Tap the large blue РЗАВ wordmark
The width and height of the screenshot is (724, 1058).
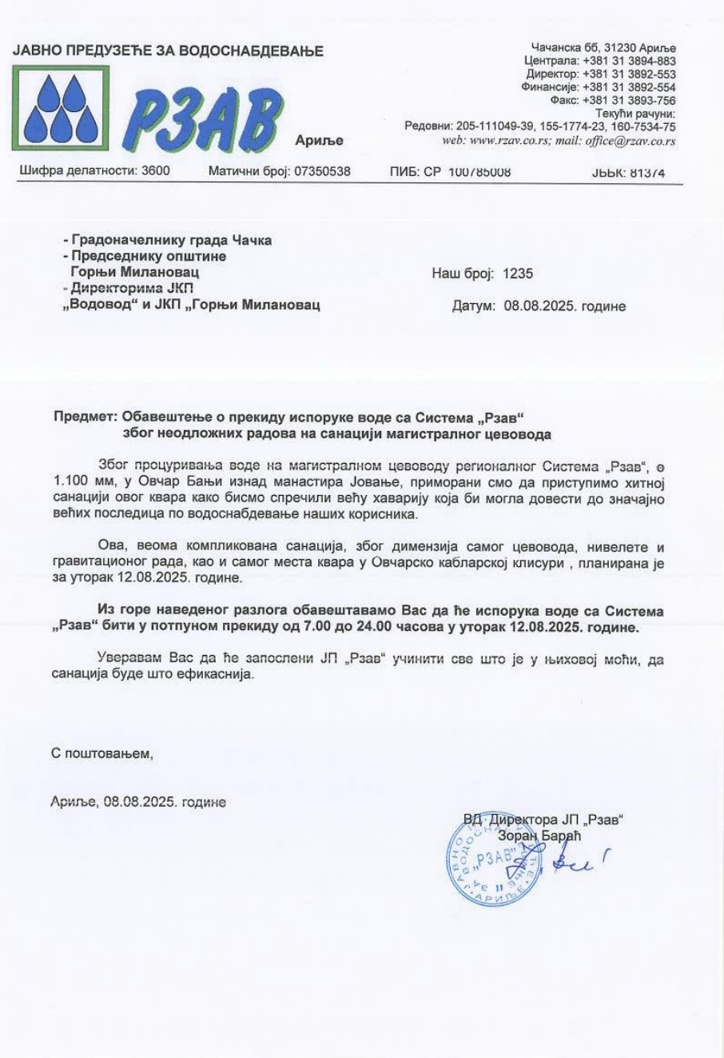pyautogui.click(x=203, y=120)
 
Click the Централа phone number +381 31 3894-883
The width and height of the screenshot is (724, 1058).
pyautogui.click(x=630, y=61)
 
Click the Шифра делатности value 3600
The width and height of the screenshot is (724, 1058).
pyautogui.click(x=155, y=171)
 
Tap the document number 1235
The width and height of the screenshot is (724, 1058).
pyautogui.click(x=519, y=274)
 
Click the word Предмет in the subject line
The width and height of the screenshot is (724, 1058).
pyautogui.click(x=84, y=417)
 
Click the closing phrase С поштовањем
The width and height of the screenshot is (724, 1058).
pyautogui.click(x=101, y=753)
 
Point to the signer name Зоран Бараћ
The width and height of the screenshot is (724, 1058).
pyautogui.click(x=539, y=836)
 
